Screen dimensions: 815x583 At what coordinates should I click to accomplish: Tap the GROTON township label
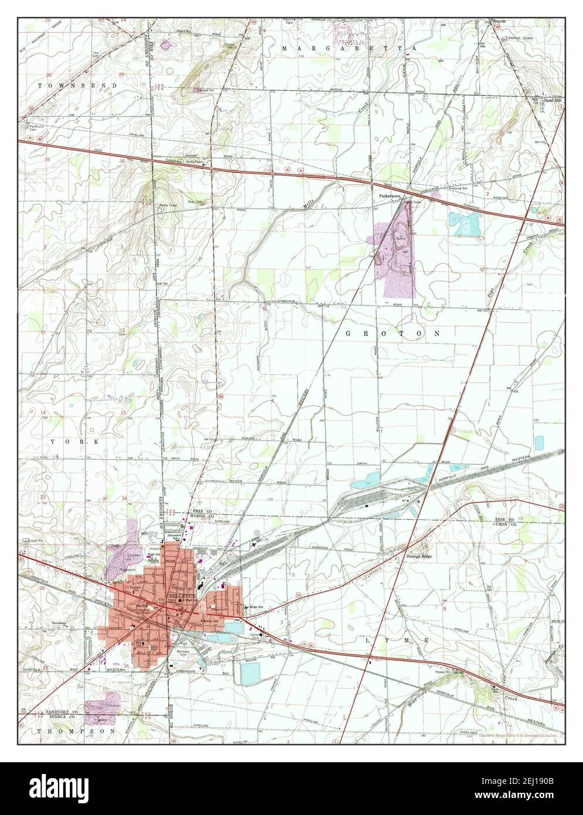pyautogui.click(x=393, y=333)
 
